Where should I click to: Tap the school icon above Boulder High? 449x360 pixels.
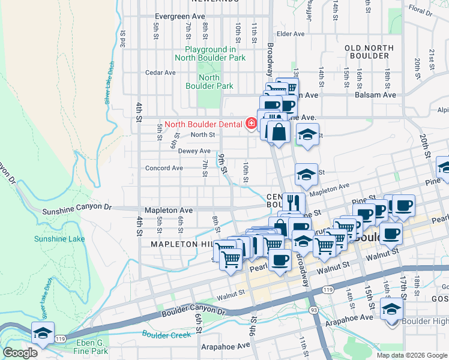coord(391,310)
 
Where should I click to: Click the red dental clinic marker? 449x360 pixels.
coord(252,124)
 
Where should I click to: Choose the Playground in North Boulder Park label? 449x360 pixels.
coord(210,53)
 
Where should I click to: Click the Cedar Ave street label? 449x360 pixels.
coord(160,73)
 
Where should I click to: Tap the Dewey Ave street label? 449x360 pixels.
coord(194,151)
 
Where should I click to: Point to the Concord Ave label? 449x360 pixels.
coord(164,168)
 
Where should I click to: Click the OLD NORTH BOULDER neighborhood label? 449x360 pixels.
coord(369,52)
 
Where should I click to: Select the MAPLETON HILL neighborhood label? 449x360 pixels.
coord(182,244)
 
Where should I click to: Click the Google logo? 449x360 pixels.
coord(20,353)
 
